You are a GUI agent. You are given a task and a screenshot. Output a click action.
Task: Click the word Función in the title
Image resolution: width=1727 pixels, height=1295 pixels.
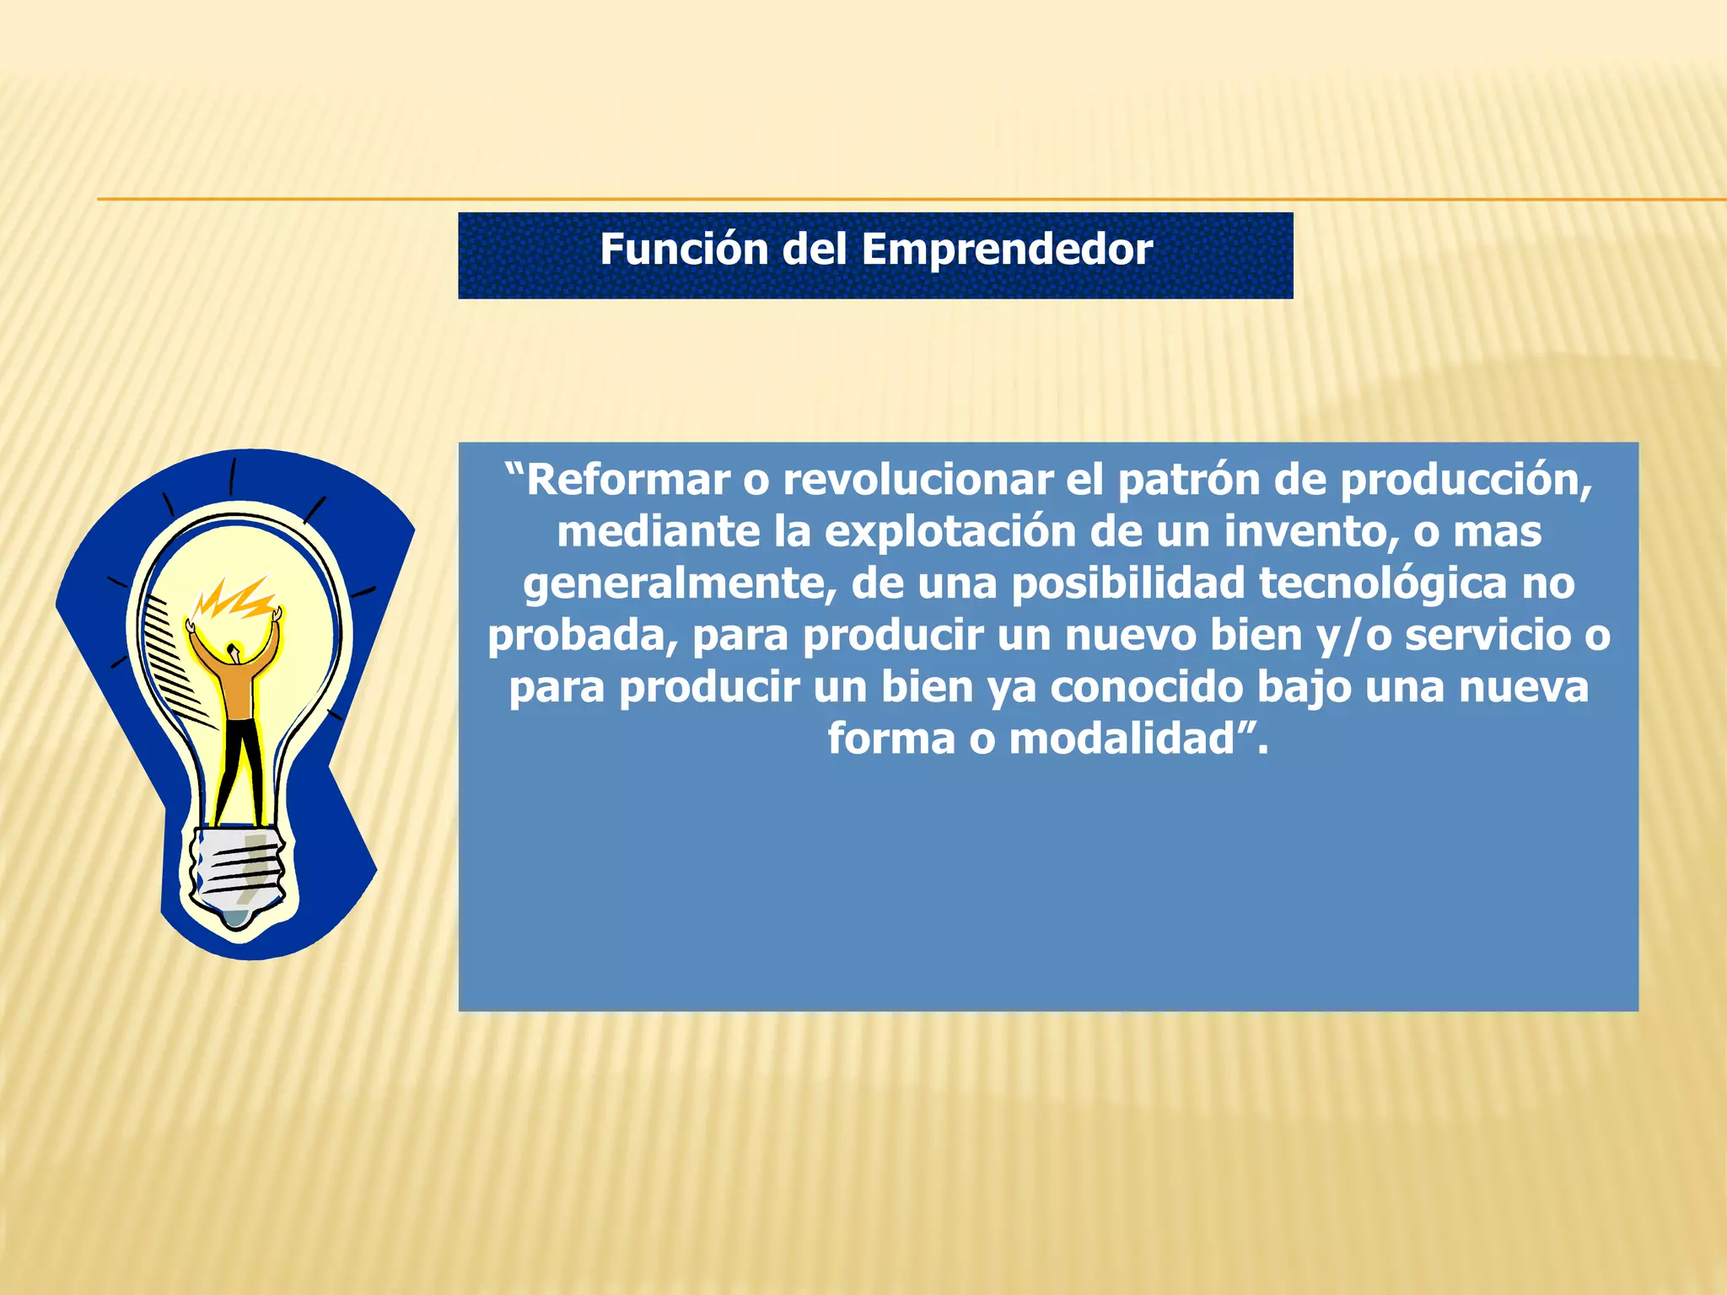(x=684, y=250)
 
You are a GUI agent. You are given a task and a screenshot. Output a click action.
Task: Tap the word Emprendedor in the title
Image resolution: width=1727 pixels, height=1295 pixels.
(x=1007, y=250)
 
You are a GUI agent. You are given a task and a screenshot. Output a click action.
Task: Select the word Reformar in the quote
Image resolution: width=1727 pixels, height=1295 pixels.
(x=627, y=481)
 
